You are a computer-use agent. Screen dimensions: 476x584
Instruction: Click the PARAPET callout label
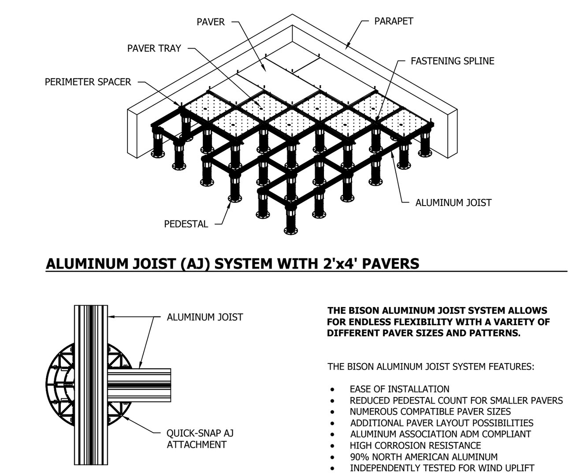tap(393, 21)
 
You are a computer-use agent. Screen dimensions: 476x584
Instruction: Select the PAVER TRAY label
tap(154, 49)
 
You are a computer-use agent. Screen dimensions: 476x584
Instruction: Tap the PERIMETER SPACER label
tap(88, 82)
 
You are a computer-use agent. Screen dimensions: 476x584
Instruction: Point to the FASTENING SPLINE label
tap(452, 61)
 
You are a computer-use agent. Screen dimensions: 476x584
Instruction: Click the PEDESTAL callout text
tap(186, 224)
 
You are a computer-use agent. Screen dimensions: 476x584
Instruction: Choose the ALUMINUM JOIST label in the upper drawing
tap(453, 203)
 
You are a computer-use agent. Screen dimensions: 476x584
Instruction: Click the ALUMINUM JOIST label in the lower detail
tap(205, 317)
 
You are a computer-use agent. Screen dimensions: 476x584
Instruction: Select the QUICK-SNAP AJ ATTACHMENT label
tap(200, 439)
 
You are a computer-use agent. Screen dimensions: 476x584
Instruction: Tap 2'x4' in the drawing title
tap(335, 263)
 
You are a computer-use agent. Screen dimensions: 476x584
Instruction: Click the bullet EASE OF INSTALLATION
tap(399, 389)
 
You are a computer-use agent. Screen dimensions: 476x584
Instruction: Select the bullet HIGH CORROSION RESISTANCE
tap(415, 446)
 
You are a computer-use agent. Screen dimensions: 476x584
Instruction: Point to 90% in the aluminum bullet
tap(359, 457)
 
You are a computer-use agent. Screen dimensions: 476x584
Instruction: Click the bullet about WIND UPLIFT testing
tap(442, 468)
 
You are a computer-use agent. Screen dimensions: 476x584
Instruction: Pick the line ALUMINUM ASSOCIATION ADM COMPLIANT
tap(440, 435)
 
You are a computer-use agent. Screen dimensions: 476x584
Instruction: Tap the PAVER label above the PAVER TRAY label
tap(210, 22)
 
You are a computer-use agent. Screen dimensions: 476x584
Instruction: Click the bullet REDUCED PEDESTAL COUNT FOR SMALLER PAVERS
tap(456, 401)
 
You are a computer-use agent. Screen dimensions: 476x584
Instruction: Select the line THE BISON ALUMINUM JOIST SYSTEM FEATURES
tap(431, 367)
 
